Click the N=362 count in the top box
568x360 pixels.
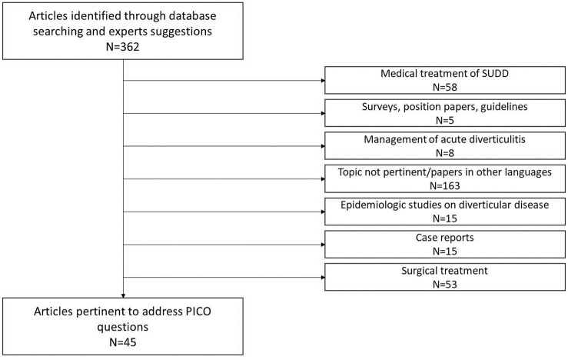(122, 47)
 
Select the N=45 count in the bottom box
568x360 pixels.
(122, 342)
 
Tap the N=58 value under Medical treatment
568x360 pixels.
(445, 88)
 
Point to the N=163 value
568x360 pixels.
(445, 186)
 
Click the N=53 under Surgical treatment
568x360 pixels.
(445, 285)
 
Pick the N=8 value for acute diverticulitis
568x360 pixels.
(445, 153)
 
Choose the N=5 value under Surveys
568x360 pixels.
(445, 120)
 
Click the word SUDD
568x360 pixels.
(495, 74)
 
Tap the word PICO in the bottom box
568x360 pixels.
(198, 312)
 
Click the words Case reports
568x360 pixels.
(445, 238)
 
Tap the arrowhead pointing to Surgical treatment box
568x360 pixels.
(323, 278)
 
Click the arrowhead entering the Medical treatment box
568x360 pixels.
(323, 81)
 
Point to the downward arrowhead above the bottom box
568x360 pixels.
(123, 296)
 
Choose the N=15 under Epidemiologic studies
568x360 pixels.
(445, 218)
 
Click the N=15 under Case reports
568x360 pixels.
(445, 252)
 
